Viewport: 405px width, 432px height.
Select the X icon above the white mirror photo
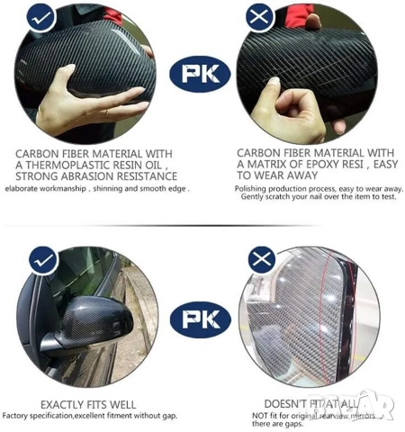tap(261, 260)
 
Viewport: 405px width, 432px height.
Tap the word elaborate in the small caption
tap(24, 188)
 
